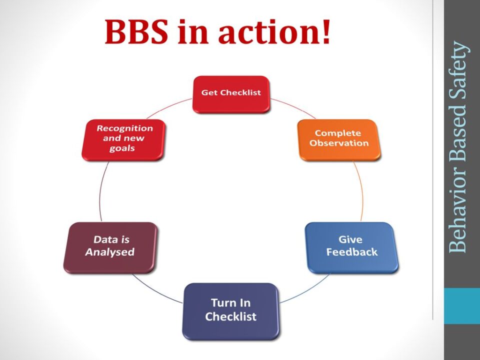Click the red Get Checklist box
coord(231,94)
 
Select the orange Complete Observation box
coord(339,140)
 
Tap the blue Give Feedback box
coord(352,247)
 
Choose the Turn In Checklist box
coord(231,311)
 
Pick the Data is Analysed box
coord(110,247)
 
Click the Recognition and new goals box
coord(123,140)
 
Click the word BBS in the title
coord(136,31)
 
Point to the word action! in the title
coord(274,31)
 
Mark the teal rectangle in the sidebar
coord(462,306)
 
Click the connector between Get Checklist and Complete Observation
coord(293,107)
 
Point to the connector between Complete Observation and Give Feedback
coord(361,191)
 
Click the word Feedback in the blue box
coord(351,252)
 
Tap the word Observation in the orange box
coord(339,143)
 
